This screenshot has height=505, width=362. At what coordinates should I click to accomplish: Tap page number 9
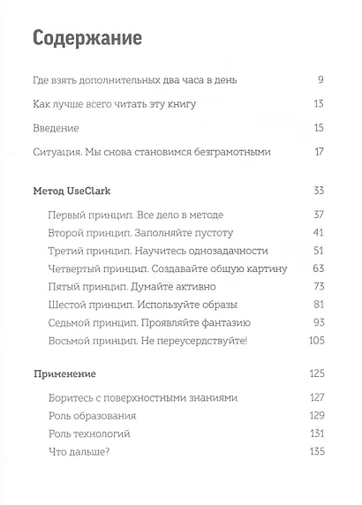321,80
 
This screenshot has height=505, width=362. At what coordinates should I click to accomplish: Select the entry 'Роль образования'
87,416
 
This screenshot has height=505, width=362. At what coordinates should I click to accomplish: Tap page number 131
316,433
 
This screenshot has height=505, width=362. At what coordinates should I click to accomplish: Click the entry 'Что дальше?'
78,452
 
